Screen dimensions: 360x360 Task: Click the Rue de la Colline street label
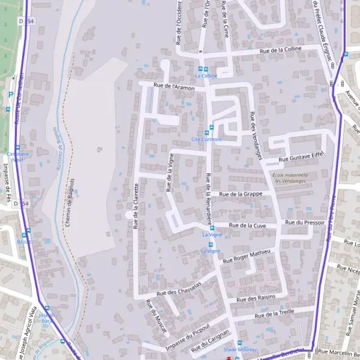coord(281,49)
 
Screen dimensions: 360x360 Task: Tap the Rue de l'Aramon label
coord(175,88)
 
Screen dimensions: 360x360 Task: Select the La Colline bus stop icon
coord(206,69)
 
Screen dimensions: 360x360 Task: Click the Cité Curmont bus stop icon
coord(208,133)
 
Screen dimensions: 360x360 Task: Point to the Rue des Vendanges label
coord(256,135)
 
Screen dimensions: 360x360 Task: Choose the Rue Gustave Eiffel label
coord(301,157)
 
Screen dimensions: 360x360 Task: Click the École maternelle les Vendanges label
coord(290,178)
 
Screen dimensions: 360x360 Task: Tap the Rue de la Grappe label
coord(241,194)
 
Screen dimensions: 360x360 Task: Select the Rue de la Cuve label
coord(248,226)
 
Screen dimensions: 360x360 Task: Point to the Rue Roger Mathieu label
coord(247,256)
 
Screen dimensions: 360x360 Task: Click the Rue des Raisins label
coord(255,298)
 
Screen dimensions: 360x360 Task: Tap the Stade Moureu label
coord(239,350)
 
